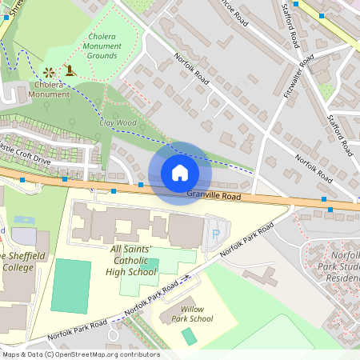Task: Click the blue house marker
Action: [x=180, y=173]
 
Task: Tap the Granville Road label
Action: [x=214, y=194]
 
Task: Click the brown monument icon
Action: [x=70, y=70]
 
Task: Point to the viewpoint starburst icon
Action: [x=50, y=71]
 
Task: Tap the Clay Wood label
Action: [x=118, y=123]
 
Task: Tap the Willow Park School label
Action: [x=197, y=314]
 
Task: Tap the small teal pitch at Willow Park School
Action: [x=189, y=336]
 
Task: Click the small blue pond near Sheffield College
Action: [x=25, y=219]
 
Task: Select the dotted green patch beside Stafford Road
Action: [x=326, y=90]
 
